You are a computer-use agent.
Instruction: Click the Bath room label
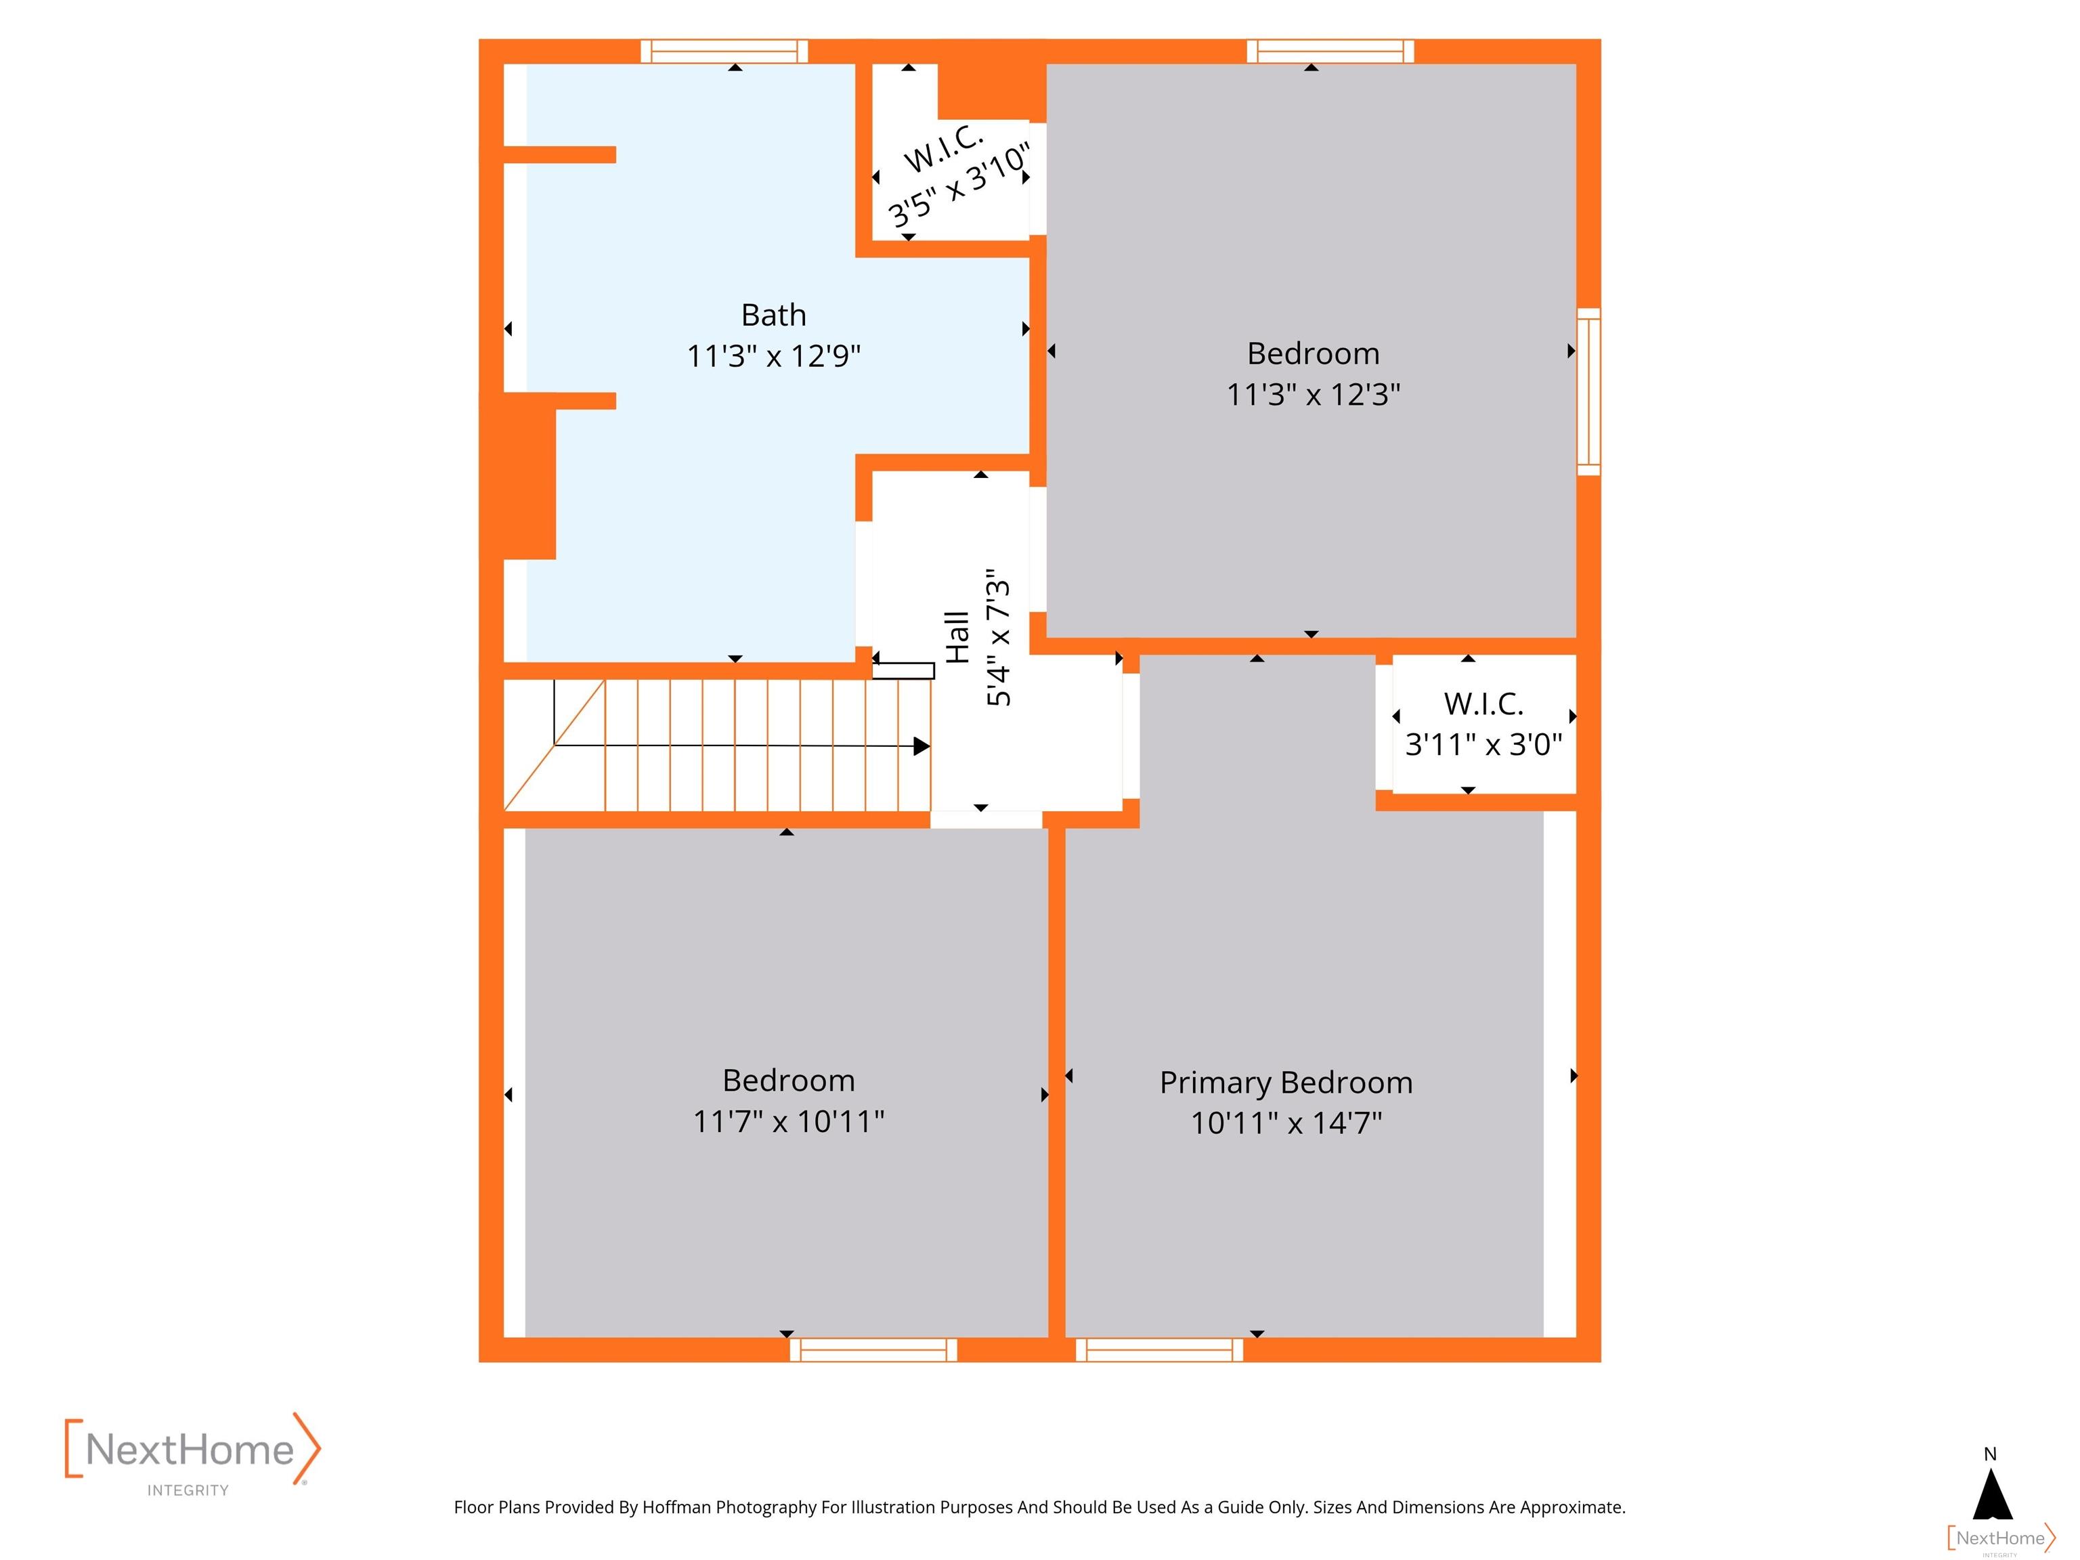pos(773,314)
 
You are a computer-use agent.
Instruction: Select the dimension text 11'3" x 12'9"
pos(773,356)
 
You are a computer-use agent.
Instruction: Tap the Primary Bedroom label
pos(1285,1083)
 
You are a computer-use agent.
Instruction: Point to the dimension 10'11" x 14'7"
pos(1285,1124)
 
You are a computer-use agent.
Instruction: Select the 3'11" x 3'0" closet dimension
pos(1483,745)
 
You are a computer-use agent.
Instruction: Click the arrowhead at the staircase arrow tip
pos(922,745)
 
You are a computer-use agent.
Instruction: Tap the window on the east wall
pos(1588,391)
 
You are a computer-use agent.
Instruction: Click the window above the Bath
pos(724,51)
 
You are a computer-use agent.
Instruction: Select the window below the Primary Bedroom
pos(1159,1349)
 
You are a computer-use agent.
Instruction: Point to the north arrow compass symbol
pos(1991,1487)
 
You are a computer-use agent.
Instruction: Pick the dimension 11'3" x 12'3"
pos(1313,395)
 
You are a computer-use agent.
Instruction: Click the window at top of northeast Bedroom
pos(1330,51)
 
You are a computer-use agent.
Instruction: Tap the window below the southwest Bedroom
pos(873,1349)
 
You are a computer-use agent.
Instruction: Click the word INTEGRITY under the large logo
pos(188,1490)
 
